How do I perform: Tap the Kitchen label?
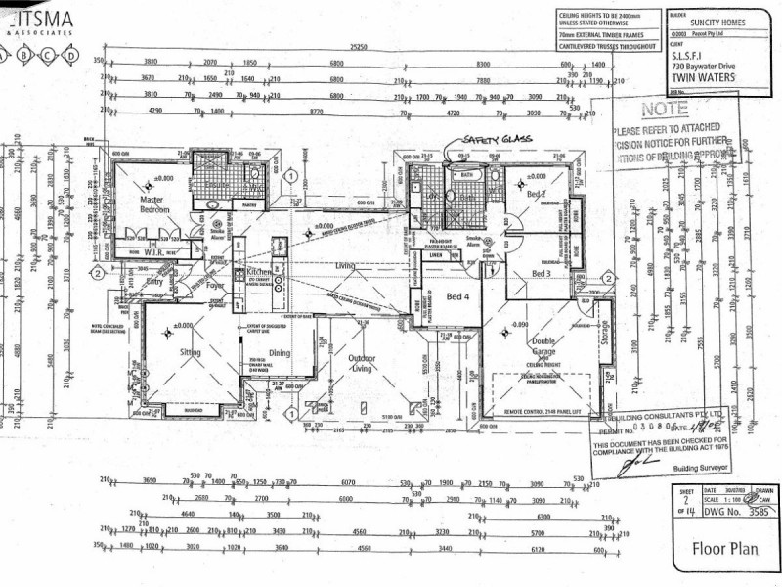pos(260,271)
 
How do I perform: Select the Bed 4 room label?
pos(458,296)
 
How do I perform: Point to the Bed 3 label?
pos(543,274)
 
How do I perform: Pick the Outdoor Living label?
pos(363,364)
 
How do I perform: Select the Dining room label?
pos(280,353)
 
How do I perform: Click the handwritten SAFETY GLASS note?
pos(498,139)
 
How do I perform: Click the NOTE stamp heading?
pos(665,109)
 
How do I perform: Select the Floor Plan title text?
pos(723,549)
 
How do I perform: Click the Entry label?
pos(154,282)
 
